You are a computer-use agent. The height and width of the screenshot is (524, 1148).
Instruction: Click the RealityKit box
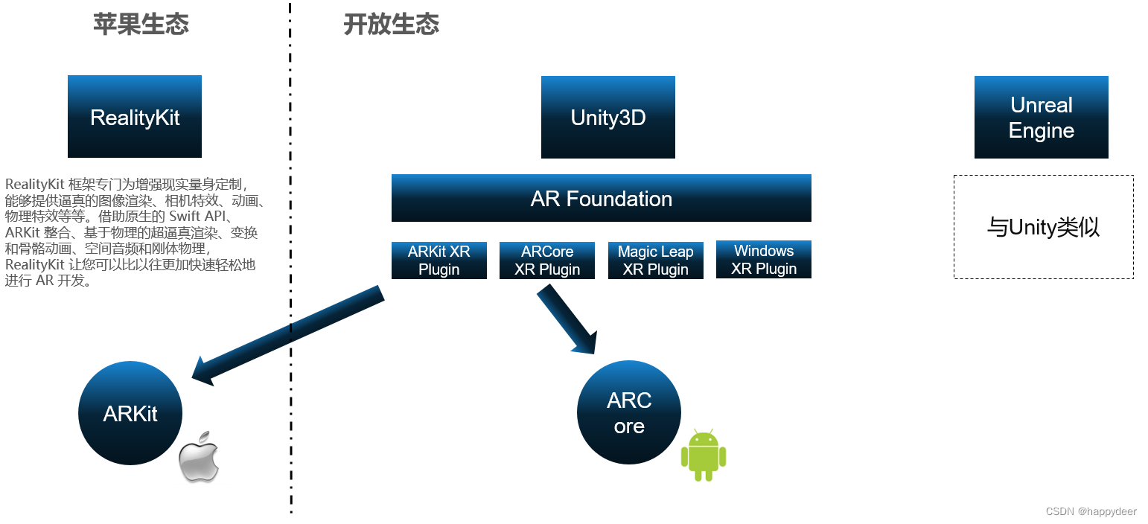click(135, 116)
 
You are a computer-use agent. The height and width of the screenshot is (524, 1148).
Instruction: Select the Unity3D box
click(608, 117)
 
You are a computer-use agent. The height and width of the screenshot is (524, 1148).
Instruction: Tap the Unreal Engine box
click(1041, 117)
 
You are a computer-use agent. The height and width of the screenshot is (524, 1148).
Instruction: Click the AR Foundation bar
click(601, 198)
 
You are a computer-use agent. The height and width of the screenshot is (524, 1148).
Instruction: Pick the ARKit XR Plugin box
click(439, 260)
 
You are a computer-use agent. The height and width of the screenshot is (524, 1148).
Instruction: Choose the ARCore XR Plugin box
click(547, 260)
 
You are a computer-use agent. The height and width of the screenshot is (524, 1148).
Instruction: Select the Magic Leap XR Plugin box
click(655, 260)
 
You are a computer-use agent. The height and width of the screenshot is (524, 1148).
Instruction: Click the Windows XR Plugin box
click(763, 259)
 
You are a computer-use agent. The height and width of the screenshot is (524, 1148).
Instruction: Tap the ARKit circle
click(130, 413)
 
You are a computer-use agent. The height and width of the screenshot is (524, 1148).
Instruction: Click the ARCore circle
click(629, 412)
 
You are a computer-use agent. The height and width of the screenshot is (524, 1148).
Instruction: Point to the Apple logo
click(200, 456)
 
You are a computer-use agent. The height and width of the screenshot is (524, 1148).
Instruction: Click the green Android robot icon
click(703, 454)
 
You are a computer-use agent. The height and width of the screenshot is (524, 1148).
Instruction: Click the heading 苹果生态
click(141, 24)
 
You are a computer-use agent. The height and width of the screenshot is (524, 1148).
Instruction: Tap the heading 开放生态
click(391, 24)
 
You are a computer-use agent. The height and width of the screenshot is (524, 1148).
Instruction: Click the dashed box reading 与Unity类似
click(1043, 227)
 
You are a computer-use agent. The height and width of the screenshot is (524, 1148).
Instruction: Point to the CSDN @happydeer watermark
click(1091, 511)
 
